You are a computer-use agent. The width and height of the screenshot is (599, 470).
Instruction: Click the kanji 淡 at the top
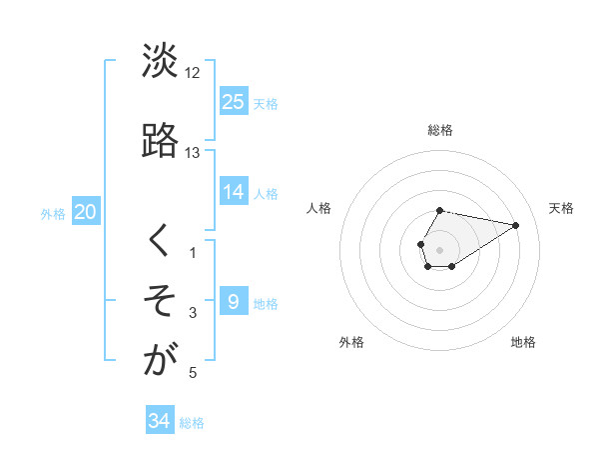pos(160,63)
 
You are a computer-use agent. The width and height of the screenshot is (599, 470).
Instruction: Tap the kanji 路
pos(160,141)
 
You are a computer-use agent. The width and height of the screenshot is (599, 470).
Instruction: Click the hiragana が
pos(160,361)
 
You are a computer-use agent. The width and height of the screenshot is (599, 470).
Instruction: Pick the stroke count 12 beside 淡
pos(193,74)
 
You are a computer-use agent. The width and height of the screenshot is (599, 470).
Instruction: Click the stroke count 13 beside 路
pos(193,153)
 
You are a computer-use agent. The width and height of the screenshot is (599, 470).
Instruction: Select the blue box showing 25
pos(234,101)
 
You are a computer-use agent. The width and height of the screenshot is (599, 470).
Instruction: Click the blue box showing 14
pos(234,191)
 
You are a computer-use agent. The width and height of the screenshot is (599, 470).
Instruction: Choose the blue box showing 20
pos(86,212)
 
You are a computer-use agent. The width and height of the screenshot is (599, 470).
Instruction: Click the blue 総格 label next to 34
pos(192,423)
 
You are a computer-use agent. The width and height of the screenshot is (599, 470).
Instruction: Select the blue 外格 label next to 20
pos(53,214)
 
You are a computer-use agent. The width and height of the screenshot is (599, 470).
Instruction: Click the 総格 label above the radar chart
pos(440,130)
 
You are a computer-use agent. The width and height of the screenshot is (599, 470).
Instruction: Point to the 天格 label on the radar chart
pos(561,208)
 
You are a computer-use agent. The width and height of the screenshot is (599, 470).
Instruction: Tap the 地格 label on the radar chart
pos(523,342)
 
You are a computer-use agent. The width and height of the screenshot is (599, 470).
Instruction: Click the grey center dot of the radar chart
pos(440,249)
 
